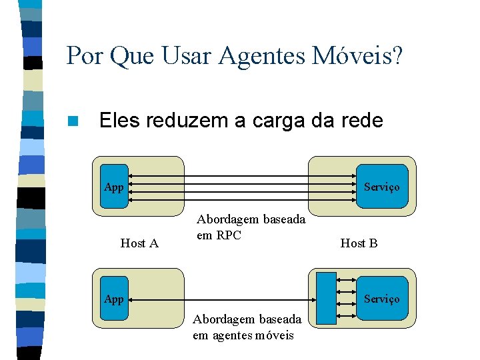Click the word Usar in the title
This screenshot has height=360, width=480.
pos(190,56)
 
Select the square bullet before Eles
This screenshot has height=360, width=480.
pos(73,121)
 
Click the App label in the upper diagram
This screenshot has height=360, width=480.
pos(114,187)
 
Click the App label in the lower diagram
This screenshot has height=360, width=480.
pos(114,299)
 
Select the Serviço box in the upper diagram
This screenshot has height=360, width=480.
pos(381,187)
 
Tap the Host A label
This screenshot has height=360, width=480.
pos(139,243)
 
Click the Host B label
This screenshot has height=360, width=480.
pos(359,243)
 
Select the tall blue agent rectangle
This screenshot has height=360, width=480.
pos(326,298)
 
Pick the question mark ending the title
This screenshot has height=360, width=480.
pos(397,56)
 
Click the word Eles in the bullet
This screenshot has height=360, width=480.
pos(121,121)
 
